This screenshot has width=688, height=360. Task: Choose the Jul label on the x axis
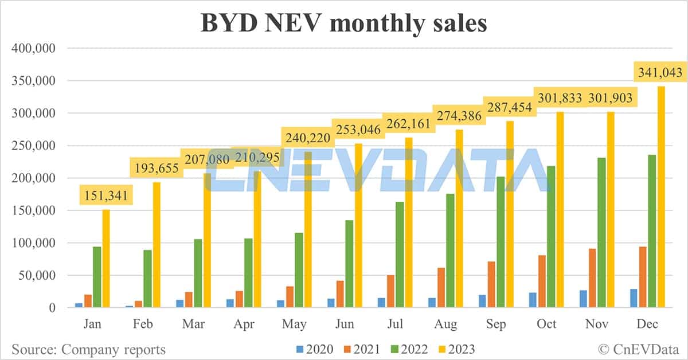395,324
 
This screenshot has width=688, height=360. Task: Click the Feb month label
143,324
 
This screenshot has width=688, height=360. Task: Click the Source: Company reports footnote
88,349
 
